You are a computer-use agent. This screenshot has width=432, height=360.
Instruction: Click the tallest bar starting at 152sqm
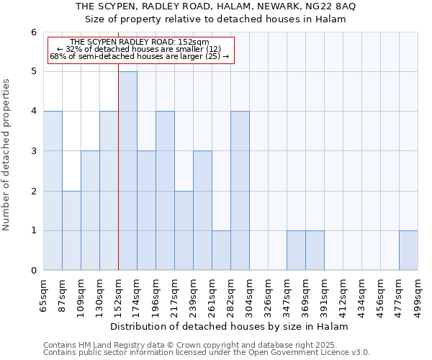click(x=127, y=171)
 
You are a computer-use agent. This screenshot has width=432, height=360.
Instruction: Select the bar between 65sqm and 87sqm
click(x=53, y=191)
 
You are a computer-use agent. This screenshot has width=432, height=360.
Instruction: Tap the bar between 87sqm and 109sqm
click(x=71, y=230)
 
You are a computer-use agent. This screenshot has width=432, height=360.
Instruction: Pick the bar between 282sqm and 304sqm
click(x=240, y=191)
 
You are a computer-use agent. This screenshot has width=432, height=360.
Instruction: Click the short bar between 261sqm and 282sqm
click(x=221, y=251)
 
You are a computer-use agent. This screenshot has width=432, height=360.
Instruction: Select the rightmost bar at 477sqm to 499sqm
click(x=408, y=251)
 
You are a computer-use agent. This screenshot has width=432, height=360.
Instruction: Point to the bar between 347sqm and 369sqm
click(x=296, y=251)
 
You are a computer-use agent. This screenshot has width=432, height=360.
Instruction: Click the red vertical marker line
click(x=118, y=180)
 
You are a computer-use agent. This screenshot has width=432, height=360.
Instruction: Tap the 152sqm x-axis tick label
click(x=119, y=293)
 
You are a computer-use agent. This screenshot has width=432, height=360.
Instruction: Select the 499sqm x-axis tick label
click(x=418, y=293)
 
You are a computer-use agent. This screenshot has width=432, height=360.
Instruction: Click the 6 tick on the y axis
click(x=33, y=32)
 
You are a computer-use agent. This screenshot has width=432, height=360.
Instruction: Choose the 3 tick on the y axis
click(x=33, y=151)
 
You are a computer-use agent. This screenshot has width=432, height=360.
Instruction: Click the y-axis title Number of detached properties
click(x=7, y=155)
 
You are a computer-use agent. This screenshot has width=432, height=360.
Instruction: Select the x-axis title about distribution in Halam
click(x=230, y=326)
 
